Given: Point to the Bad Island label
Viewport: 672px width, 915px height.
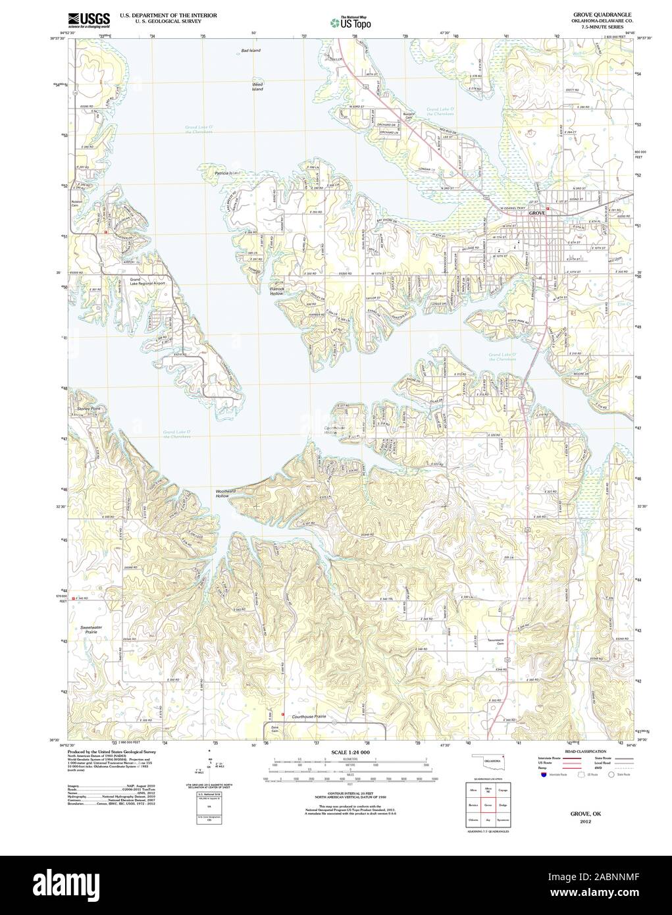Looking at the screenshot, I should click(251, 51).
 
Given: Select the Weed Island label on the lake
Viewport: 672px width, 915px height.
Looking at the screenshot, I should click(257, 86).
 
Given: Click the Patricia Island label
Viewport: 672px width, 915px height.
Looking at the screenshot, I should click(228, 173).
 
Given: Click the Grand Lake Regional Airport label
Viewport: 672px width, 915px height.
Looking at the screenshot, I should click(147, 283).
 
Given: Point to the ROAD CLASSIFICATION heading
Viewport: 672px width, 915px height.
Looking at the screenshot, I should click(580, 750).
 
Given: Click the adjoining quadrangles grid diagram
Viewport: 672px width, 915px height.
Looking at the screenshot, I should click(487, 804).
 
